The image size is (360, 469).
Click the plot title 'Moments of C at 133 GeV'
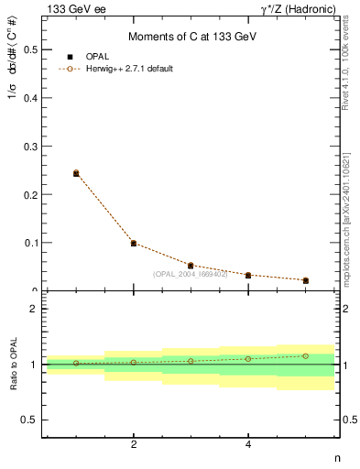pyautogui.click(x=191, y=36)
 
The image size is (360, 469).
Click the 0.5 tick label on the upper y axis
pyautogui.click(x=31, y=49)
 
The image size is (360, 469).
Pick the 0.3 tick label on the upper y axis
pyautogui.click(x=31, y=147)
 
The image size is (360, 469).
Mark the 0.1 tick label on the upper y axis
pyautogui.click(x=31, y=243)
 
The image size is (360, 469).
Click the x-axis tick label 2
pyautogui.click(x=134, y=445)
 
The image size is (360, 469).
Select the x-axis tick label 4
pyautogui.click(x=248, y=445)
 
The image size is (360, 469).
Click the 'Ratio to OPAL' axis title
pyautogui.click(x=13, y=365)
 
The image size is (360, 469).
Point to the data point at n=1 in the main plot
pyautogui.click(x=76, y=173)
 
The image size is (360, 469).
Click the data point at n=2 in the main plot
pyautogui.click(x=134, y=244)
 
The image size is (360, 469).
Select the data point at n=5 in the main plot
pyautogui.click(x=306, y=280)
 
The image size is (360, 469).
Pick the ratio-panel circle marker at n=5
pyautogui.click(x=306, y=355)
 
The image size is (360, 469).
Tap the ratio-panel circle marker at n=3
pyautogui.click(x=191, y=361)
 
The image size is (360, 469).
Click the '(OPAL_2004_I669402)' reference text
pyautogui.click(x=190, y=273)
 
